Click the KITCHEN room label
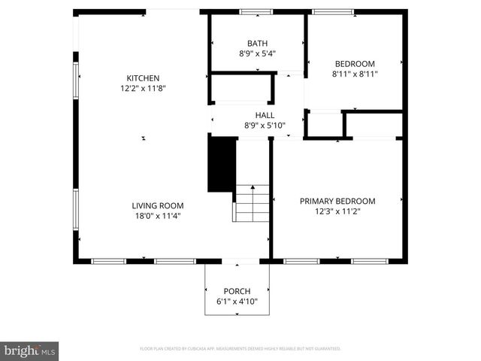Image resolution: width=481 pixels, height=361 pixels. click(143, 78)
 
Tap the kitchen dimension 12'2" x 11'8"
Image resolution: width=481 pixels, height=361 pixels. click(143, 89)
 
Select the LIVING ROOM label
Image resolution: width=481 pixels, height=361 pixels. click(158, 205)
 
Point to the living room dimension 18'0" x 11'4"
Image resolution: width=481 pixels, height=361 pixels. click(158, 216)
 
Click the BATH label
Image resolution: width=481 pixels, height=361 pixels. click(257, 44)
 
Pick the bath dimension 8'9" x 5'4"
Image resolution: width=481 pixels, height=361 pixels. click(257, 53)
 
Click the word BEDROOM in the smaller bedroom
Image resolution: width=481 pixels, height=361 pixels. click(355, 65)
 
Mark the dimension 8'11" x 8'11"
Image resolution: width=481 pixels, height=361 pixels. click(355, 74)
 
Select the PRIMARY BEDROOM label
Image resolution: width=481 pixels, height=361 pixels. click(337, 201)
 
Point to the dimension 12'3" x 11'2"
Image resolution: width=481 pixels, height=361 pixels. click(337, 211)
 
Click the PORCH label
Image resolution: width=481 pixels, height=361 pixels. click(237, 291)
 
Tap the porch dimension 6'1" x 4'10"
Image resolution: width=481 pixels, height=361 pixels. click(237, 302)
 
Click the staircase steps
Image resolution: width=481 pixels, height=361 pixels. click(252, 202)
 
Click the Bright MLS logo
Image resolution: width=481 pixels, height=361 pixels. click(30, 350)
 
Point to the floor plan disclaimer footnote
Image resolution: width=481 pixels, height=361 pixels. click(240, 349)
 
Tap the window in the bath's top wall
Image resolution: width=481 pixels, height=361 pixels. click(256, 12)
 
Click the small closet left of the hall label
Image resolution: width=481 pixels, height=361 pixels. click(240, 88)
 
